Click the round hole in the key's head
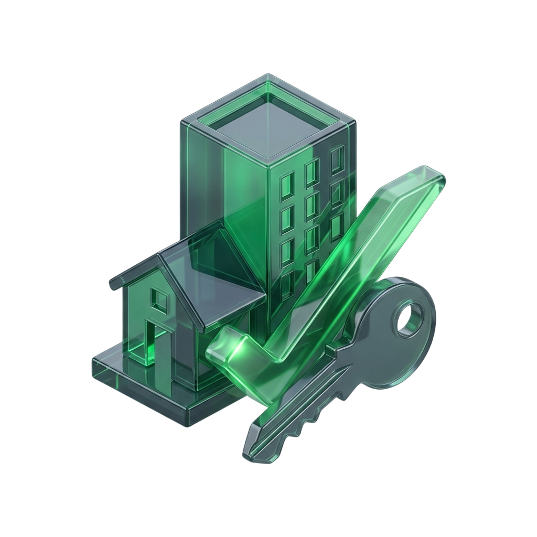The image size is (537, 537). [x=409, y=320]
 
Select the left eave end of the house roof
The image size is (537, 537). [x=113, y=286]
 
